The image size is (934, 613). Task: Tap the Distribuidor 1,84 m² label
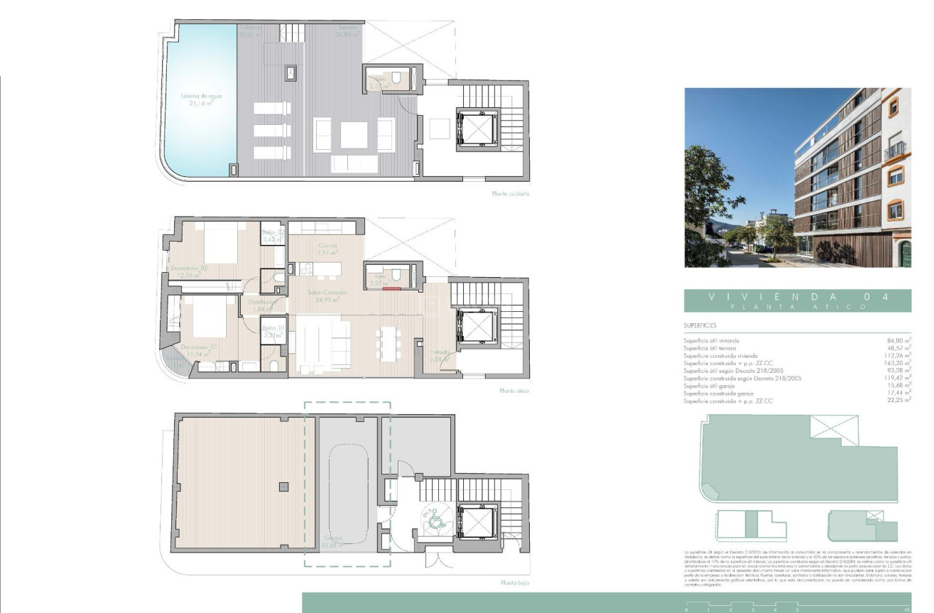pos(264,305)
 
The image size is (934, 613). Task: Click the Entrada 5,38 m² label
pos(440,355)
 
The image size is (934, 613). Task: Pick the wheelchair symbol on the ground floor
pos(433,521)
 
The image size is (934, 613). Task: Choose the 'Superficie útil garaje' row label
pos(713,386)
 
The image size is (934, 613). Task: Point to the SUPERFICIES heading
pos(700,326)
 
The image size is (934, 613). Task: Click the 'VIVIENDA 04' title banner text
pos(796,298)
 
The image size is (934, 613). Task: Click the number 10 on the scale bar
pos(906,609)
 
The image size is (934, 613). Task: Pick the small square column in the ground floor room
pos(283,487)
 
